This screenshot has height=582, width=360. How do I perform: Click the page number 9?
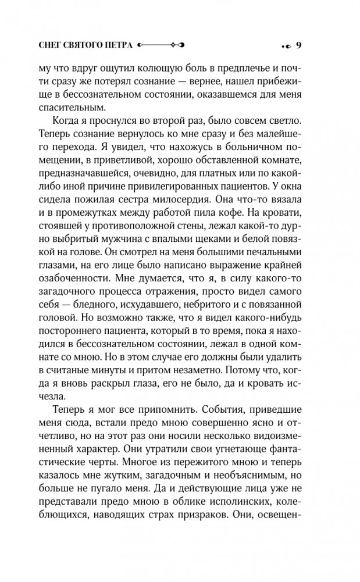pos(298,45)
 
